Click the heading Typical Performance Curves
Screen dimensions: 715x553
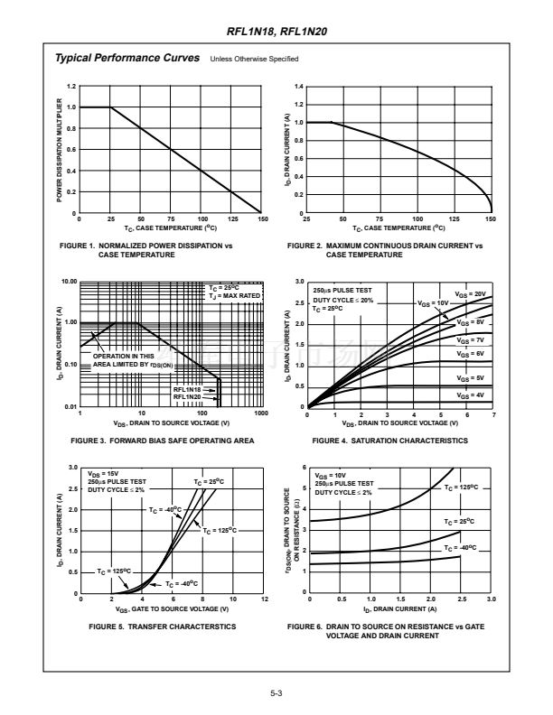click(127, 58)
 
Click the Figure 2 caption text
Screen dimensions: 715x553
click(384, 249)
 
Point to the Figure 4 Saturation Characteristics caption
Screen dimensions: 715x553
click(389, 441)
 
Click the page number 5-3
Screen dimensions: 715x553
click(276, 692)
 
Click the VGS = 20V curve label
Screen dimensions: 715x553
click(471, 294)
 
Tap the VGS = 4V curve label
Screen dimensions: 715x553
click(471, 395)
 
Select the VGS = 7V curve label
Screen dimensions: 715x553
click(471, 339)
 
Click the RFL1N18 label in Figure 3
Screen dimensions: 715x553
click(187, 389)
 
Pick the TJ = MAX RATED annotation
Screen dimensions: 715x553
click(234, 295)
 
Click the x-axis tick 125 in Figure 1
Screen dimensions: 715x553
click(234, 219)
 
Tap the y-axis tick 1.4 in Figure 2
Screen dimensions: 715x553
click(298, 86)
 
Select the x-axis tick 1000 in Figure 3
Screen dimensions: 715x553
click(260, 413)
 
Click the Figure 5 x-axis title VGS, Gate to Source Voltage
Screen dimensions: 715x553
click(172, 609)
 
